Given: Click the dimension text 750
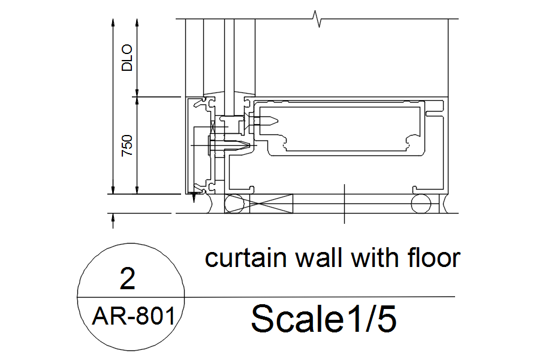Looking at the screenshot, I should tap(127, 146).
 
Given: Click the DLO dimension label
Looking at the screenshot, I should tap(127, 58).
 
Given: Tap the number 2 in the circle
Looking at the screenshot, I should tap(128, 280).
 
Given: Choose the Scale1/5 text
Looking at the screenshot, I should tap(323, 318).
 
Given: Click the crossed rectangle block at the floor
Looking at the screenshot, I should tap(272, 205).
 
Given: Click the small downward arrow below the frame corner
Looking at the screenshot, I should tap(194, 198).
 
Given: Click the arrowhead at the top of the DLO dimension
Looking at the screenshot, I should tap(137, 22).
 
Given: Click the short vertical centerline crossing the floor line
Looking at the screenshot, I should tap(345, 204).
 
